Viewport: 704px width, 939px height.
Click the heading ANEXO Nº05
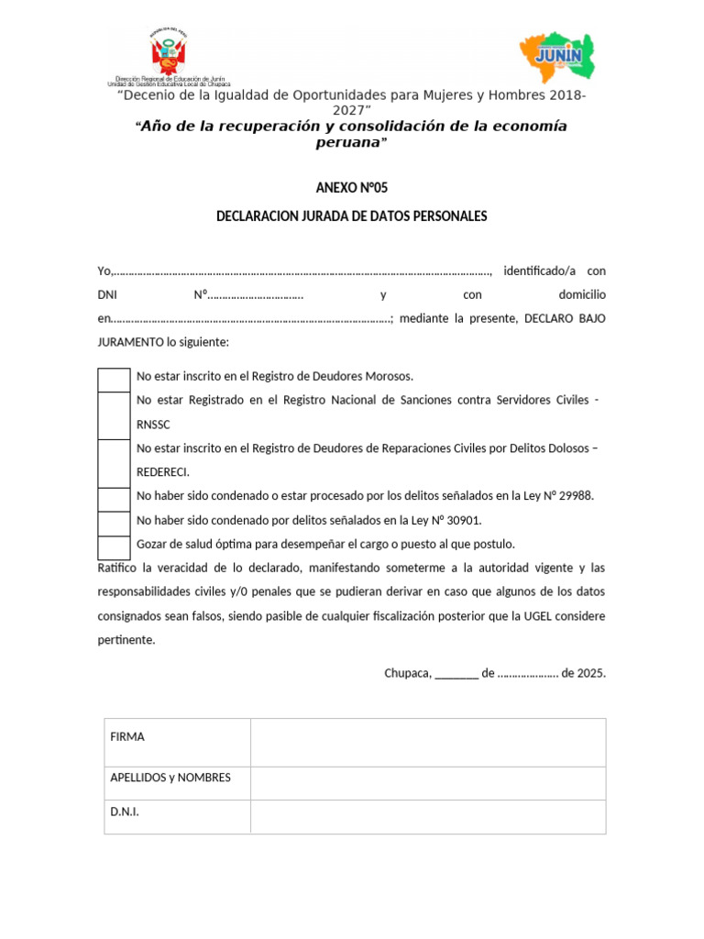[352, 187]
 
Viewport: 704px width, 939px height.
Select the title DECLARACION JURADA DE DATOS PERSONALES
[352, 216]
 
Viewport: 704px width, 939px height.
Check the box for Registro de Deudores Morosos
[115, 380]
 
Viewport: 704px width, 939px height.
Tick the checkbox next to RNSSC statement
[115, 414]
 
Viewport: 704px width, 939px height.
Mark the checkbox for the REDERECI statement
[115, 462]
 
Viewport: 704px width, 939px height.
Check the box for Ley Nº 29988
[115, 499]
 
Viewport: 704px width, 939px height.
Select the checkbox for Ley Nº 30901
[115, 523]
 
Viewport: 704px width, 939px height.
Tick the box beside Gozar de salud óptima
[115, 547]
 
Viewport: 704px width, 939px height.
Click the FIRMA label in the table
[127, 737]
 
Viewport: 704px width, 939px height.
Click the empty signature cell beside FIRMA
[428, 743]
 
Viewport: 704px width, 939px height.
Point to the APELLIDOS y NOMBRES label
[170, 778]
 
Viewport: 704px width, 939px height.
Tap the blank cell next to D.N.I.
[428, 816]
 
